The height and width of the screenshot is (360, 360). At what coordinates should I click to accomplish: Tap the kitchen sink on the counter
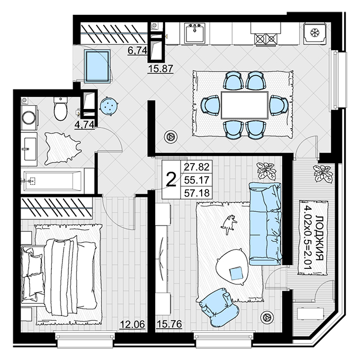(194, 33)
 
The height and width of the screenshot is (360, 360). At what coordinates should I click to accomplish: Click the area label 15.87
(160, 68)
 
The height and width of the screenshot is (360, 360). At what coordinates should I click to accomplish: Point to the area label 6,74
(137, 50)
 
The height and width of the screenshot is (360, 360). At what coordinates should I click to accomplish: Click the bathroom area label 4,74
(84, 124)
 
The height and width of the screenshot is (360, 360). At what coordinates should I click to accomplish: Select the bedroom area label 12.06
(132, 325)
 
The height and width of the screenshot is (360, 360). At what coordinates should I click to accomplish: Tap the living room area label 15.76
(169, 324)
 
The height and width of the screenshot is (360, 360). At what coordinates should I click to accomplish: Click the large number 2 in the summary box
(171, 179)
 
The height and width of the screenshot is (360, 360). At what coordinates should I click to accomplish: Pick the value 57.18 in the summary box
(197, 193)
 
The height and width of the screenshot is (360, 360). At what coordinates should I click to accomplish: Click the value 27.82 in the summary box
(197, 167)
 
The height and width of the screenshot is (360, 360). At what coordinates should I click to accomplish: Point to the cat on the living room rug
(229, 224)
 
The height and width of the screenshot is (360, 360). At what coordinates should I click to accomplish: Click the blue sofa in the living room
(265, 224)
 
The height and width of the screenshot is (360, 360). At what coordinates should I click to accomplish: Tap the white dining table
(245, 105)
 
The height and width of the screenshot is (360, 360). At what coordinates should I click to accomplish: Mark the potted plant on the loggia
(322, 174)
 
